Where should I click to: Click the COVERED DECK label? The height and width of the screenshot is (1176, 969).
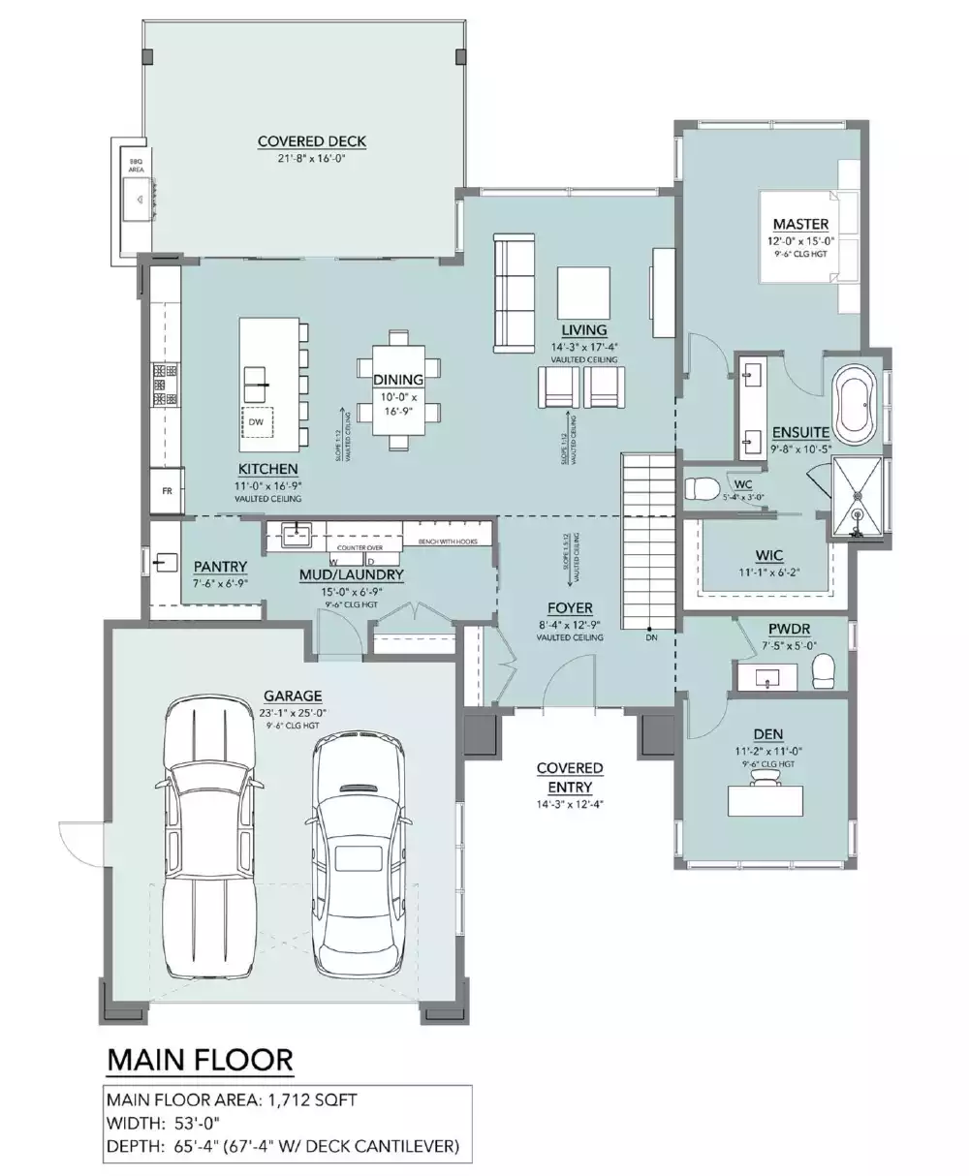[x=311, y=141]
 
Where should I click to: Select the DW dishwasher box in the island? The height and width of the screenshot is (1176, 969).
[x=256, y=422]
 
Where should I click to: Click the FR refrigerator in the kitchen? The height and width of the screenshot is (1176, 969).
[x=166, y=491]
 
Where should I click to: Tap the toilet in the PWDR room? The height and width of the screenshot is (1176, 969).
[x=823, y=669]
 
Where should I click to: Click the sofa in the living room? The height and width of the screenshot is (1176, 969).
[x=514, y=292]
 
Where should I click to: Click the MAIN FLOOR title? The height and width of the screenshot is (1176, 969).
[x=199, y=1060]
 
